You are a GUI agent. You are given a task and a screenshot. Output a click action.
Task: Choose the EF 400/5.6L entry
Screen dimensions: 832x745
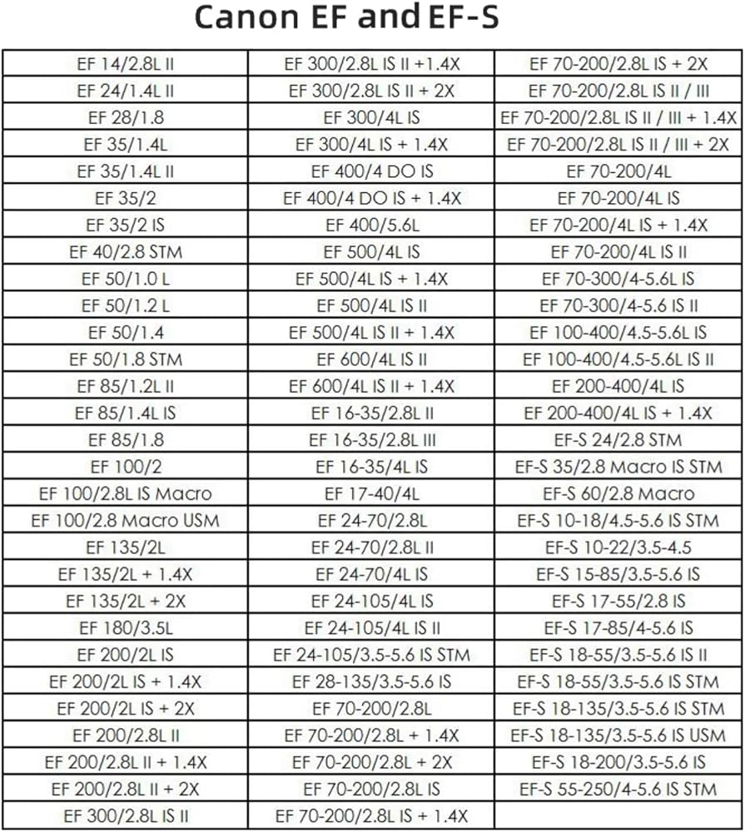(372, 225)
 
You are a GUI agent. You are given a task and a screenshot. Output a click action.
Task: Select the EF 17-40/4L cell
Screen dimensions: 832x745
(372, 494)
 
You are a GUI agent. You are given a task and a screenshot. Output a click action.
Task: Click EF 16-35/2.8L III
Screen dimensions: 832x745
(372, 440)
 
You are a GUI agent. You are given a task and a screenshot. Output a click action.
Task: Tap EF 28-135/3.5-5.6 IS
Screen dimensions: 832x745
(372, 682)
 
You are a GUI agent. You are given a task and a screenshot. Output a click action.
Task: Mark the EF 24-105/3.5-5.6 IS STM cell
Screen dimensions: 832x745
(372, 655)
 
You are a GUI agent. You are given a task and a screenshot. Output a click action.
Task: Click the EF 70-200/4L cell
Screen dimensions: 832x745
(618, 171)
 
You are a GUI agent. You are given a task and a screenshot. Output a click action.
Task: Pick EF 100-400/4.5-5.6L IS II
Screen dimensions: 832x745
(618, 359)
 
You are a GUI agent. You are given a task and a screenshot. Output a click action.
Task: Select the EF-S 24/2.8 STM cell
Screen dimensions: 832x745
(618, 440)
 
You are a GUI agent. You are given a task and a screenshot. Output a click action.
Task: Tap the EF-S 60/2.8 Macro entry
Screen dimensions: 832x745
(618, 494)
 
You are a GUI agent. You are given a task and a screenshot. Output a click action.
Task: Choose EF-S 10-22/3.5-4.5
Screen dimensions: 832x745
(618, 547)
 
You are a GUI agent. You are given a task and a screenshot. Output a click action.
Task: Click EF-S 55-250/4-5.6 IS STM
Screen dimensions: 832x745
(618, 790)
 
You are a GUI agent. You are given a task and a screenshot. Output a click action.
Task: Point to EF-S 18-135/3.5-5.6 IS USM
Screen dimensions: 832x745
(618, 735)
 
